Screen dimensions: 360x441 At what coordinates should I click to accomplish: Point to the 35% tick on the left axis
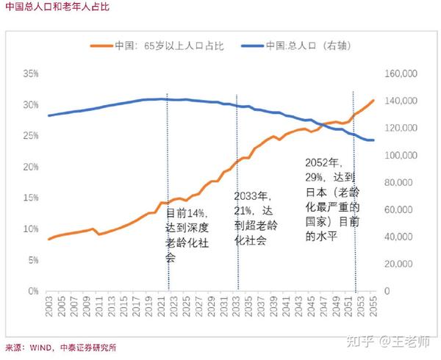30,74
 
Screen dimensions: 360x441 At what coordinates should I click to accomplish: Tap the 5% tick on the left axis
32,260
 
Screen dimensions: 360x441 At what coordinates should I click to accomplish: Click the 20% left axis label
30,167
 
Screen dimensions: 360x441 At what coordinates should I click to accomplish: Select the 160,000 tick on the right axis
402,74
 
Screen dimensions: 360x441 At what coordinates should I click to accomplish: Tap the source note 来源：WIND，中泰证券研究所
60,348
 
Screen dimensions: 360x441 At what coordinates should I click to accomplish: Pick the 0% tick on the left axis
32,291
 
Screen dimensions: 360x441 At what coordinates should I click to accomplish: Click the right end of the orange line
373,101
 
